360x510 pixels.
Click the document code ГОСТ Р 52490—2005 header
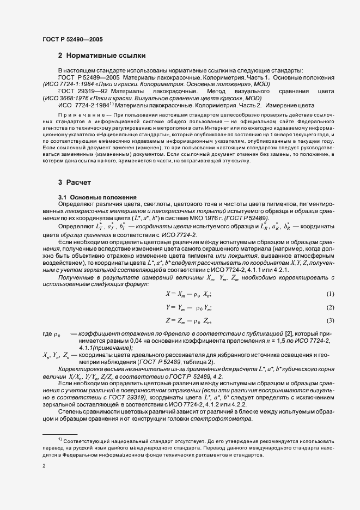[72, 39]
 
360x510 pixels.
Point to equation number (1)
[330, 294]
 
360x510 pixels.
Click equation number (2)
[330, 307]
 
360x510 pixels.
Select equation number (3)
[330, 320]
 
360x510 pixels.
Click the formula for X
[188, 295]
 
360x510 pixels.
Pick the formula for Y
[188, 307]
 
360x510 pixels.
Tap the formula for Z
[188, 320]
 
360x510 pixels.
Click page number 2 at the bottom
[44, 466]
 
